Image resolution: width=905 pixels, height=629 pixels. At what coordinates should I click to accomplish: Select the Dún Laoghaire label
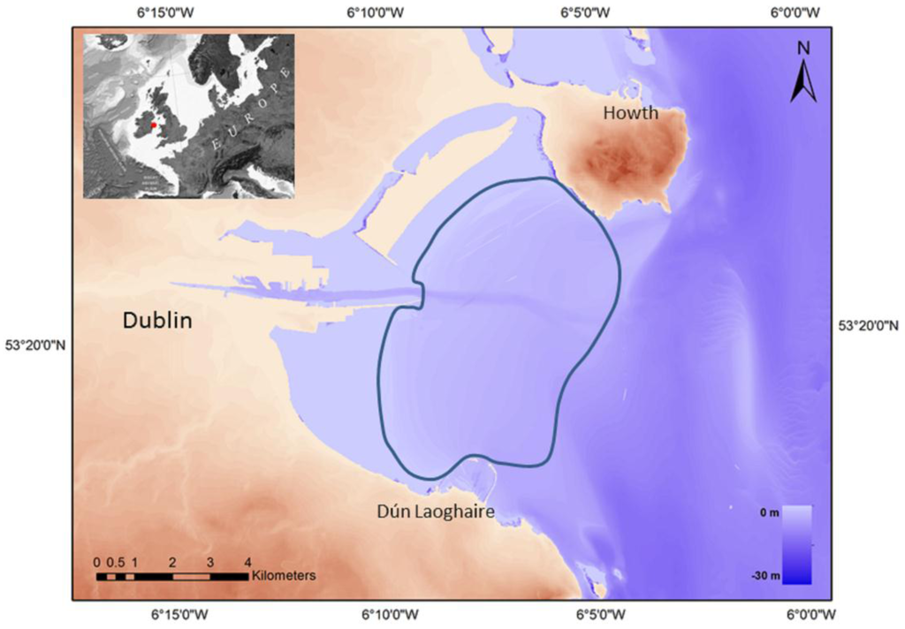pos(430,512)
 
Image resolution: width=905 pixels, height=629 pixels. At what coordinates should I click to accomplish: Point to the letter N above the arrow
pos(802,48)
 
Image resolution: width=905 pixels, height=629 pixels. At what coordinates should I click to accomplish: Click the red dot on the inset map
pos(154,125)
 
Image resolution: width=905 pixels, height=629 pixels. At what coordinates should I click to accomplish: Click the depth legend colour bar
pos(796,544)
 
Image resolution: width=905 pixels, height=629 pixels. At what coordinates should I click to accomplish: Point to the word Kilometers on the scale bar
pos(283,576)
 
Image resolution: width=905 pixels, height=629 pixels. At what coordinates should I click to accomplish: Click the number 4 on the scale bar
pos(247,562)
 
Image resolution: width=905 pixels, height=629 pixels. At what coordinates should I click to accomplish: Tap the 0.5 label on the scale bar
pos(115,562)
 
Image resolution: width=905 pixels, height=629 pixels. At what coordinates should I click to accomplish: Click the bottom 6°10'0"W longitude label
pos(381,615)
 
